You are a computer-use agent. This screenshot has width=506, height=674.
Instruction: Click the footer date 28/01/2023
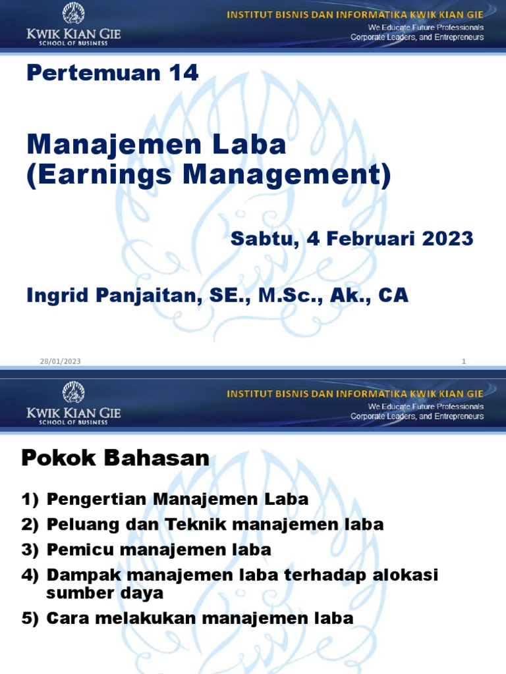click(x=61, y=361)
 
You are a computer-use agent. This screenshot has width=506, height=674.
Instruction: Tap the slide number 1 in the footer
click(x=464, y=361)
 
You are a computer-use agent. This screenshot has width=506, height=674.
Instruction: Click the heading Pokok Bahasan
click(x=115, y=458)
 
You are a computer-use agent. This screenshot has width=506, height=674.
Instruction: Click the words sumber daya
click(x=105, y=592)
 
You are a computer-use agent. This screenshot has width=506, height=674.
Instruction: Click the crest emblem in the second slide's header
click(x=73, y=393)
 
